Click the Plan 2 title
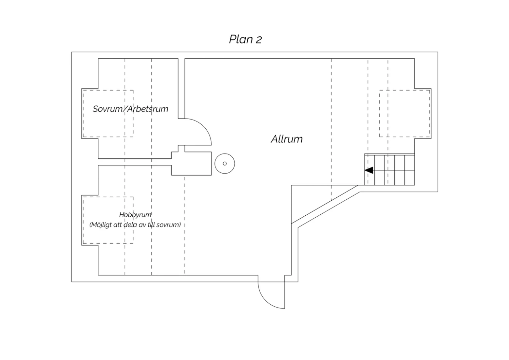245,39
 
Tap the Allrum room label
287,139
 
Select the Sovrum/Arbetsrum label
130,109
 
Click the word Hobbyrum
135,215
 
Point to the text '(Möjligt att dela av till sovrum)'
135,225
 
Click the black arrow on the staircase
369,170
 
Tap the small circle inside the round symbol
225,164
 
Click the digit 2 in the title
259,40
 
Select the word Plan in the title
240,39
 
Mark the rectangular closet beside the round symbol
191,163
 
